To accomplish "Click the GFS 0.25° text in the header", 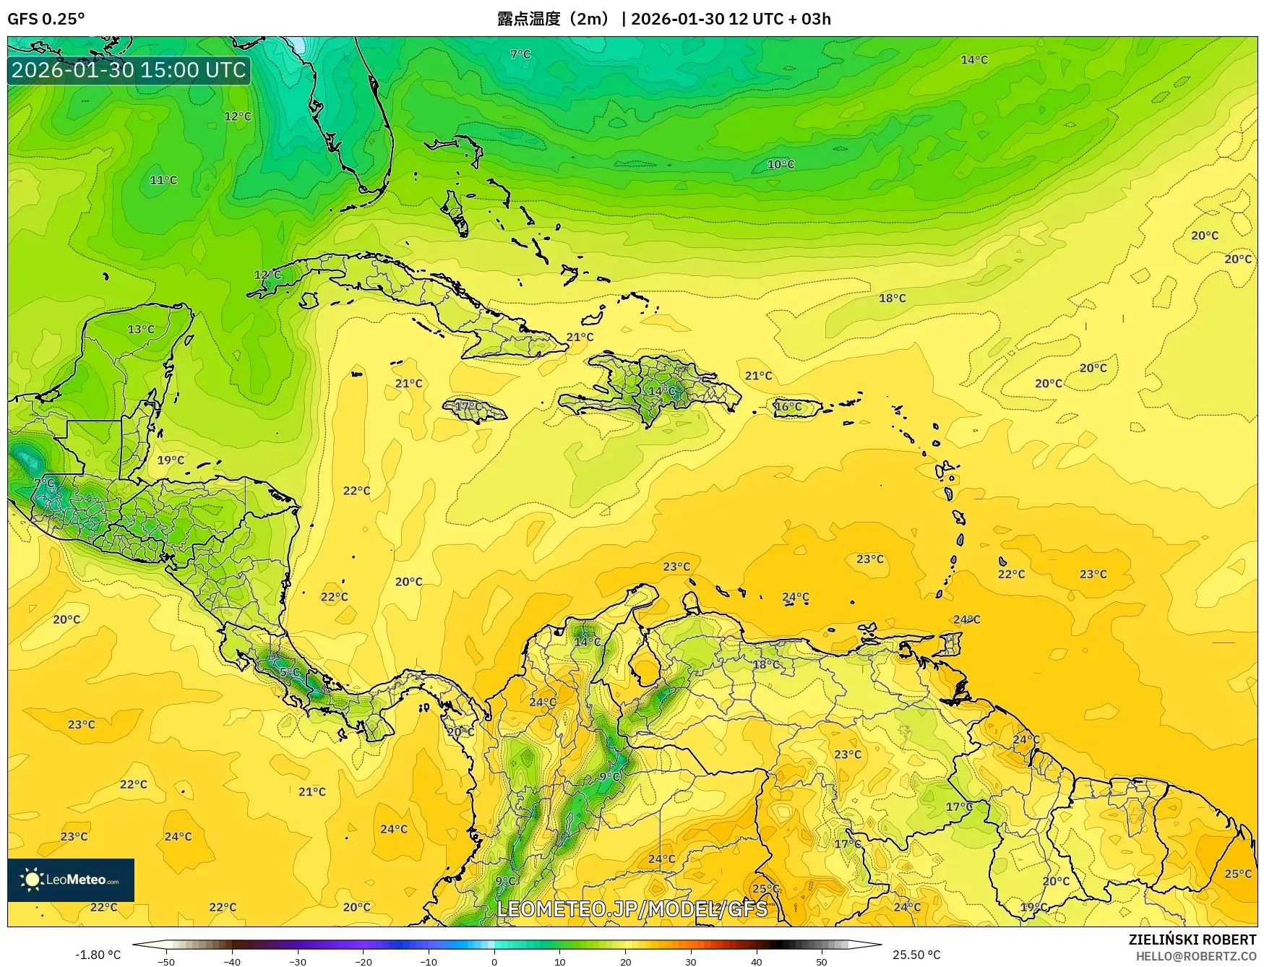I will pyautogui.click(x=46, y=19).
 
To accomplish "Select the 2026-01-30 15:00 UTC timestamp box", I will pyautogui.click(x=129, y=70).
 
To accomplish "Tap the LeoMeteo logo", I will pyautogui.click(x=71, y=880).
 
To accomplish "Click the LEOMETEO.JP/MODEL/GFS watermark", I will pyautogui.click(x=632, y=908).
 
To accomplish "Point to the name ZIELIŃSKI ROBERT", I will pyautogui.click(x=1192, y=940).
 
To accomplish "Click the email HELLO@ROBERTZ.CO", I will pyautogui.click(x=1195, y=956).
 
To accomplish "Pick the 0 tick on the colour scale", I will pyautogui.click(x=494, y=961).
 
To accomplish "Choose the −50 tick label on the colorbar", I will pyautogui.click(x=166, y=962).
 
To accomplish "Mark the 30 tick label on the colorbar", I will pyautogui.click(x=691, y=962).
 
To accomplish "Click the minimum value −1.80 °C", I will pyautogui.click(x=98, y=955).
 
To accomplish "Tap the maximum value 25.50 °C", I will pyautogui.click(x=916, y=955).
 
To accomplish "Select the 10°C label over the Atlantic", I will pyautogui.click(x=781, y=164).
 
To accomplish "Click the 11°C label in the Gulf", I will pyautogui.click(x=163, y=180).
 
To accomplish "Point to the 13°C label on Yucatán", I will pyautogui.click(x=141, y=329).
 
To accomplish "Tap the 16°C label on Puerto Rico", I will pyautogui.click(x=788, y=406).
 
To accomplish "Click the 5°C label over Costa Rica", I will pyautogui.click(x=289, y=672).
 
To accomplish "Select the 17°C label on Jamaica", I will pyautogui.click(x=468, y=406).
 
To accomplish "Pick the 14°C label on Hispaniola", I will pyautogui.click(x=661, y=391).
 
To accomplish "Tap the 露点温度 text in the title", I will pyautogui.click(x=528, y=19).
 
